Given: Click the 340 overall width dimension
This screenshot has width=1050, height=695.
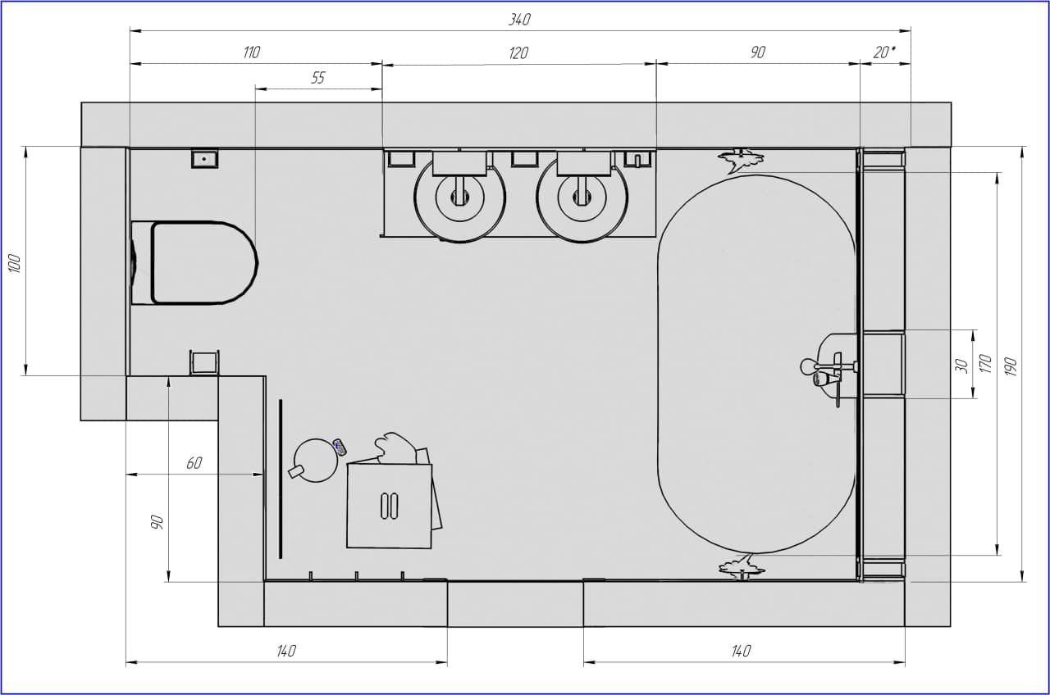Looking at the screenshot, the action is coord(520,20).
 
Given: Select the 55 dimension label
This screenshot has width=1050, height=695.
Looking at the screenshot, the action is coord(317,78).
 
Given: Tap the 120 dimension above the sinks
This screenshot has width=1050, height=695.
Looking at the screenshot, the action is coord(518,53).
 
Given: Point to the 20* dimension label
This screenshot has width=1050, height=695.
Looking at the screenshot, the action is coord(884,52).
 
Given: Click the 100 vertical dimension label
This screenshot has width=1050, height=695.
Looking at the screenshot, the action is coord(15,264).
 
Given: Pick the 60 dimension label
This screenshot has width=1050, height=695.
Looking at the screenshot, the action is coord(194,463).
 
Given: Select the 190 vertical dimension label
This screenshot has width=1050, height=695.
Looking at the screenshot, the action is coord(1011,366).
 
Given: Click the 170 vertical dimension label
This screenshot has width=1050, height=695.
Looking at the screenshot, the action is coord(986,364).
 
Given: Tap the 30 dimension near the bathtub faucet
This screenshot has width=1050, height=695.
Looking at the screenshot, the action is coord(961,366).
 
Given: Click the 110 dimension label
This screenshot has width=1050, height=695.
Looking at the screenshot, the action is coord(251,52).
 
